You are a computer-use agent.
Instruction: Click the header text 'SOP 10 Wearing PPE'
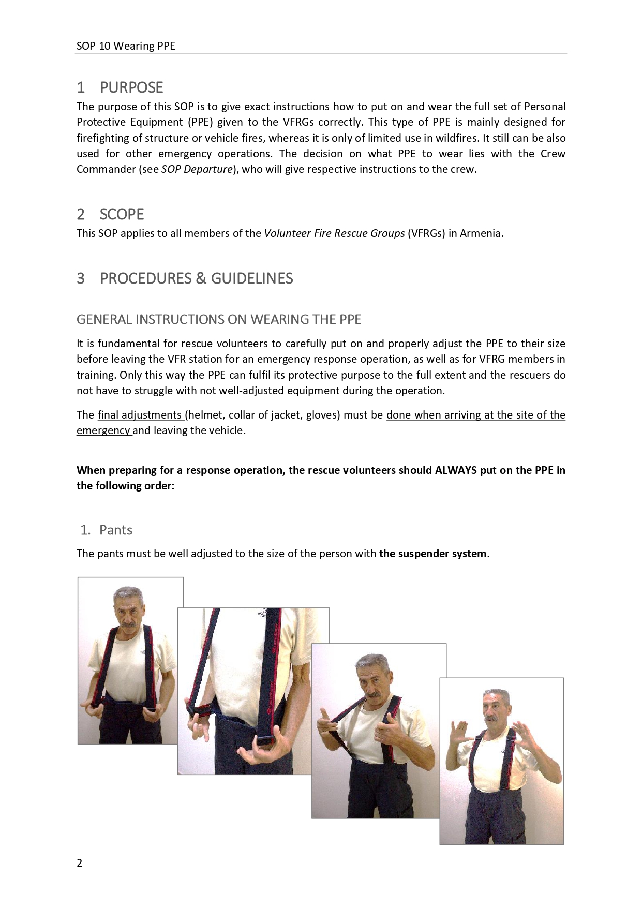(x=126, y=46)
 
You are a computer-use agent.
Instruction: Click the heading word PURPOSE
(x=131, y=87)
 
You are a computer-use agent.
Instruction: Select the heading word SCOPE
(x=122, y=214)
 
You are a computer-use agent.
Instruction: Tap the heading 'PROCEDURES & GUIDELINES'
(x=196, y=278)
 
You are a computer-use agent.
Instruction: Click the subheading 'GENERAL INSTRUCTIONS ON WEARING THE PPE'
(x=219, y=319)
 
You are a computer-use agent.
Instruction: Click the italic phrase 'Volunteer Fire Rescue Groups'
(x=334, y=233)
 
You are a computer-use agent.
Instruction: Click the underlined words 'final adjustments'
(x=139, y=415)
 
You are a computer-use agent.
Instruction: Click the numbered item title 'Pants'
(x=116, y=530)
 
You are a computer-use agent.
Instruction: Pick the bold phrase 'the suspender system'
(x=432, y=554)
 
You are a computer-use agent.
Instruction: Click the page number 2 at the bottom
(x=80, y=862)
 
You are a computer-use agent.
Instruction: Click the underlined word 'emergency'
(x=103, y=430)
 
